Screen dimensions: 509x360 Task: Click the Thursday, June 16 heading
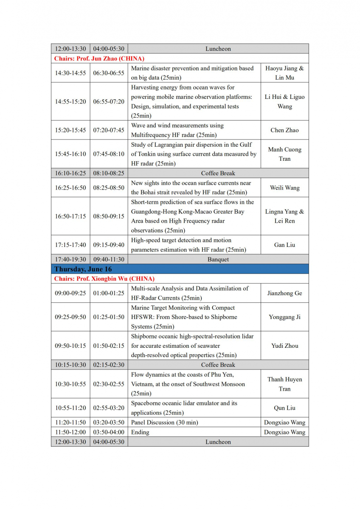click(x=83, y=269)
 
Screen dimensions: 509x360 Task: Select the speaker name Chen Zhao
click(x=284, y=130)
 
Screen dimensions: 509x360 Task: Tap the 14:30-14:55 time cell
click(x=70, y=73)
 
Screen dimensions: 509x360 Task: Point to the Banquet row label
click(x=218, y=259)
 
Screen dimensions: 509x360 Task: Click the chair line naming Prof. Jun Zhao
click(x=99, y=59)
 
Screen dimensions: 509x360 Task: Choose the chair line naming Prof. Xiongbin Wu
click(x=104, y=279)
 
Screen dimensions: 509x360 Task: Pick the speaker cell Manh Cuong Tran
click(x=284, y=154)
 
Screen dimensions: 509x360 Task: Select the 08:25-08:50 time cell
click(x=109, y=187)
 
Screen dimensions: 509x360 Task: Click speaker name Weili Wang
click(x=284, y=187)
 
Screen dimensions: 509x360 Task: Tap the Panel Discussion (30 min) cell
click(x=165, y=422)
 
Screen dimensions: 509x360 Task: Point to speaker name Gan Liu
click(x=284, y=245)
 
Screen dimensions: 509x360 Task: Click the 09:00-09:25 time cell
click(x=70, y=293)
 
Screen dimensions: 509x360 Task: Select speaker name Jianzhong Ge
click(x=284, y=293)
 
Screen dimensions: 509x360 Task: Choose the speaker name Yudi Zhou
click(x=284, y=346)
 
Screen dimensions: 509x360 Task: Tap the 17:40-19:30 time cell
click(x=70, y=259)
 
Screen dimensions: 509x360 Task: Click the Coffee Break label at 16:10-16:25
click(x=218, y=173)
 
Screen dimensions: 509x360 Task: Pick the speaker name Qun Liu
click(x=284, y=408)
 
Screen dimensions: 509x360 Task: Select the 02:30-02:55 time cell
click(x=109, y=384)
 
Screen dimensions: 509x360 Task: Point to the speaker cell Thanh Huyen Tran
click(x=284, y=384)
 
